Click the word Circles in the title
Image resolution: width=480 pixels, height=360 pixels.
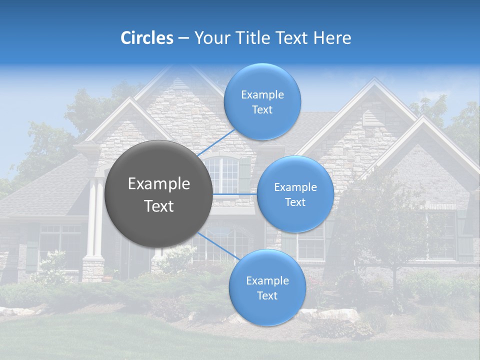click(147, 38)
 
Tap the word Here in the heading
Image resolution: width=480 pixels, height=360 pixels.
click(332, 38)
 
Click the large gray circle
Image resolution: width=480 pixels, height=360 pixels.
click(159, 194)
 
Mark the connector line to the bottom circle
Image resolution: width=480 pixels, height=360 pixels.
click(217, 245)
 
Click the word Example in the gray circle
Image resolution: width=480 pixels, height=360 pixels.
click(159, 184)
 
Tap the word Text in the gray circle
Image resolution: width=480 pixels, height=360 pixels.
click(159, 206)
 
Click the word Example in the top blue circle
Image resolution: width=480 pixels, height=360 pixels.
click(262, 95)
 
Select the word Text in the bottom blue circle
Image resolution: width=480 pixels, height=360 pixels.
click(267, 295)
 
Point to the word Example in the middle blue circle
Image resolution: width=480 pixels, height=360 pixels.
click(295, 187)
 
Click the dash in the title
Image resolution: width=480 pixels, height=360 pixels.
click(183, 38)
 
